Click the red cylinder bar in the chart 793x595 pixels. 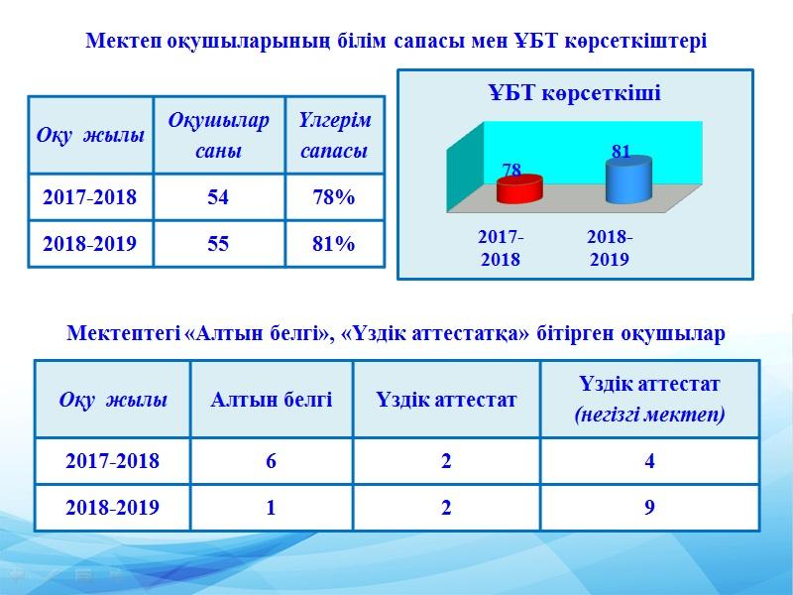tap(519, 189)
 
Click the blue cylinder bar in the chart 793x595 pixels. tap(628, 180)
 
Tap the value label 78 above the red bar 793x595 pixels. tap(511, 170)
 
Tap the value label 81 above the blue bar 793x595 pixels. tap(622, 151)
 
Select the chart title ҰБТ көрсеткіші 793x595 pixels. tap(575, 93)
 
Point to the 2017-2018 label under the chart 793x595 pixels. tap(501, 248)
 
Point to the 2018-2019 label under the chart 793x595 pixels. tap(610, 248)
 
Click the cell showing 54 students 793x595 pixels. tap(218, 197)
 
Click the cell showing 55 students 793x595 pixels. tap(218, 244)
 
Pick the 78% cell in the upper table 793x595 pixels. tap(334, 197)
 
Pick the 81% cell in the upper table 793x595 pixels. tap(334, 244)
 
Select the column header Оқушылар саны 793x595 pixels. tap(218, 136)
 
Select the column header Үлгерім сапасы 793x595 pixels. tap(334, 136)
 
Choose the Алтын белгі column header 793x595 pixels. tap(272, 400)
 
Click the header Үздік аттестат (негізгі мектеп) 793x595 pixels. tap(649, 400)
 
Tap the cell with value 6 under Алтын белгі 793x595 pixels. tap(272, 461)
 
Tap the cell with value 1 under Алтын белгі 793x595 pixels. tap(272, 508)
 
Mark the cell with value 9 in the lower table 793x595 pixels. tap(649, 508)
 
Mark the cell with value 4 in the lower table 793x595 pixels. tap(649, 461)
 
